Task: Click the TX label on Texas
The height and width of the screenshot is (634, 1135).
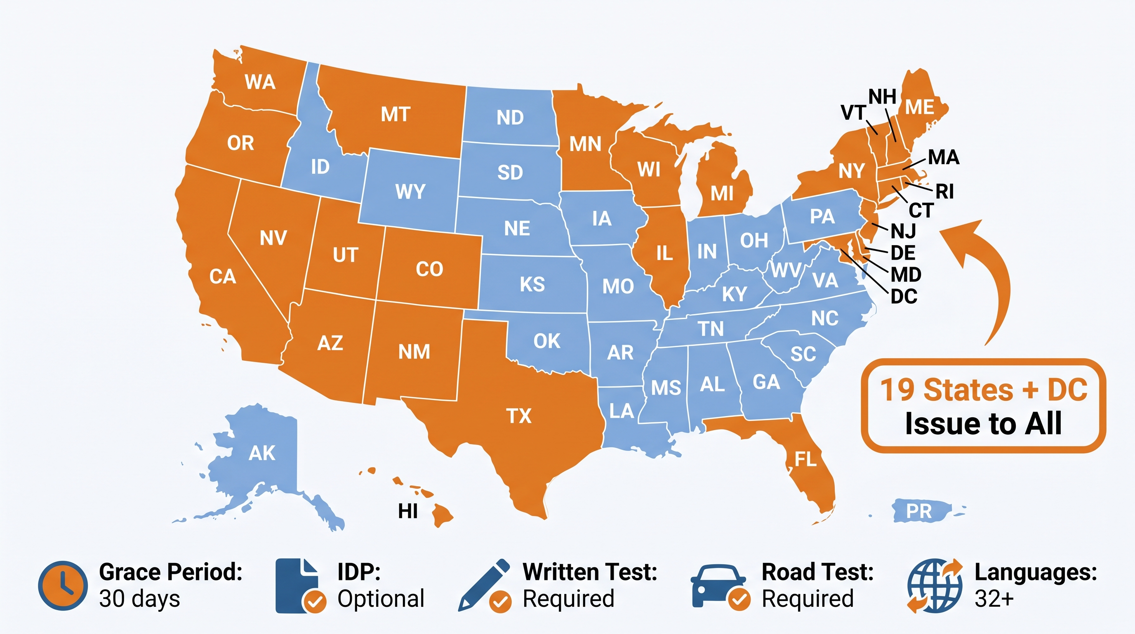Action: tap(519, 416)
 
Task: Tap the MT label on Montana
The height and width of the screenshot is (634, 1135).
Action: tap(395, 115)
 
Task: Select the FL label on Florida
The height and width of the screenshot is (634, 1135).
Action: tap(805, 459)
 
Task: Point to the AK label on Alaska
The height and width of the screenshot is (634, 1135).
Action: tap(262, 453)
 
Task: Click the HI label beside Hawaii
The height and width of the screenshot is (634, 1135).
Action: tap(407, 511)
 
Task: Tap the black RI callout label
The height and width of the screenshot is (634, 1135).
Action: tap(944, 192)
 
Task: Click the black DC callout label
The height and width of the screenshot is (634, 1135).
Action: tap(904, 297)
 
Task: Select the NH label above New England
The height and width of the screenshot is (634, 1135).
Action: tap(882, 97)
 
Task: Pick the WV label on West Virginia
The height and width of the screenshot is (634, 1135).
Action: tap(786, 270)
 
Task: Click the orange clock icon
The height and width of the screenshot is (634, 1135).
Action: tap(63, 586)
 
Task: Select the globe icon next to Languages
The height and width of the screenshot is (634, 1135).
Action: tap(935, 586)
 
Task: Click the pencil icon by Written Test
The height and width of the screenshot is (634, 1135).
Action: tap(484, 584)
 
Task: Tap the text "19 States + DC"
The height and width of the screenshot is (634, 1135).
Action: tap(983, 390)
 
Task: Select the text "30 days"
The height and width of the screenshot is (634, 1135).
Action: tap(139, 599)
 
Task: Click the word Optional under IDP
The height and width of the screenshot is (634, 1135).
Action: tap(381, 599)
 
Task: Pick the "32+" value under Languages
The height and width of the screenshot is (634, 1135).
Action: tap(994, 599)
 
